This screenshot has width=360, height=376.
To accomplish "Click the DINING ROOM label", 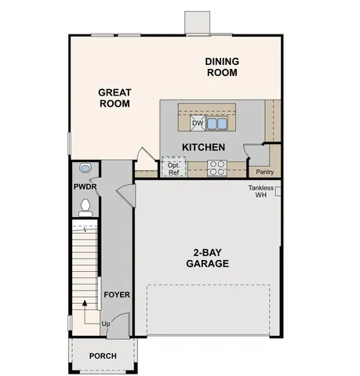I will point(222,67).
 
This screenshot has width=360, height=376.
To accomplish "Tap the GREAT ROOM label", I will point(115,97).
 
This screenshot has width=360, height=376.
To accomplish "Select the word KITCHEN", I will point(204,147).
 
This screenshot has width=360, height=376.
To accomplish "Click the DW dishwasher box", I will point(198,123).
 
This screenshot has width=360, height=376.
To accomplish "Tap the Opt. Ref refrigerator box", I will point(174,168).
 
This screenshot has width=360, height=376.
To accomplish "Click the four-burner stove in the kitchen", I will point(217,167).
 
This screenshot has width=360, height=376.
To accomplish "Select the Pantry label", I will point(264,172).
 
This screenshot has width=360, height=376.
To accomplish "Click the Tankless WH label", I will point(261,191).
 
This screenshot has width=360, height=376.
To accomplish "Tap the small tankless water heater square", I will point(278,190).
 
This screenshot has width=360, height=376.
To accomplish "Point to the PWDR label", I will point(85,187).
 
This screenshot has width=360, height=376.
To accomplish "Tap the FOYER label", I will point(116,295).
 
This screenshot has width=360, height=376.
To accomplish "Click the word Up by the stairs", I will point(105,324).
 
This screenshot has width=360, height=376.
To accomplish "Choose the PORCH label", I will point(103,356).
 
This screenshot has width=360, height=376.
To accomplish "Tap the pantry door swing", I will point(253,153).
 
